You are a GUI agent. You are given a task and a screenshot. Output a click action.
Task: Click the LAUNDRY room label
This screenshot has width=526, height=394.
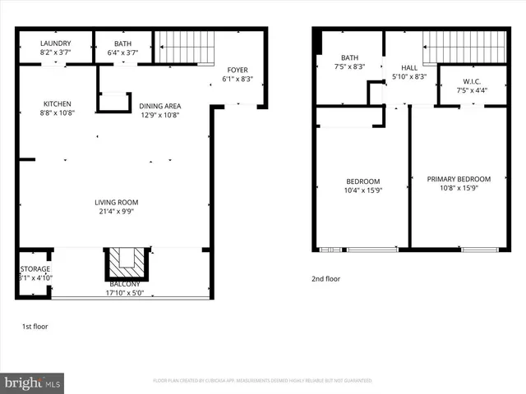point(56,44)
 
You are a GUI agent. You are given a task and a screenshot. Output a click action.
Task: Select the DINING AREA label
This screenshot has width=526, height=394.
point(159,105)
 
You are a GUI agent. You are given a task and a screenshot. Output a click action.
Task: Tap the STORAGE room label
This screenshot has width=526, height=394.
point(35,268)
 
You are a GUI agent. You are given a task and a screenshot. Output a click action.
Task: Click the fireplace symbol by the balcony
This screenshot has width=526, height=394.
point(126,263)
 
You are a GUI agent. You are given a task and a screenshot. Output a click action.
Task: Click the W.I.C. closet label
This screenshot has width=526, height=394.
point(472,80)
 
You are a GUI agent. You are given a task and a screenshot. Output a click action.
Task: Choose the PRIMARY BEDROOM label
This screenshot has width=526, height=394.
point(458,179)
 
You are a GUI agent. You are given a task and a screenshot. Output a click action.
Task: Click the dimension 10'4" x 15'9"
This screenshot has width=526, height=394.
point(362,190)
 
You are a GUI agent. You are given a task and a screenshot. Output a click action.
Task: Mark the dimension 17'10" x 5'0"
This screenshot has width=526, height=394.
point(125,293)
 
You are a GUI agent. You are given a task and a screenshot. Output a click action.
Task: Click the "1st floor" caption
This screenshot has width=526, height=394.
point(35,326)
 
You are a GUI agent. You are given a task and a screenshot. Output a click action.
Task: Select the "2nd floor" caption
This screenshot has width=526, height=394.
point(325,279)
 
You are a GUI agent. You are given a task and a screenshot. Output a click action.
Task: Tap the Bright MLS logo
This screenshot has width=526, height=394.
point(33,382)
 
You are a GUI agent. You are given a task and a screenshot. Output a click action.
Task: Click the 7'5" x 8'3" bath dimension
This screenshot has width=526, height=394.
point(349,67)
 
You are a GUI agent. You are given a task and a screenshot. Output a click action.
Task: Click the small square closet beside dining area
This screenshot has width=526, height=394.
point(114,102)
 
